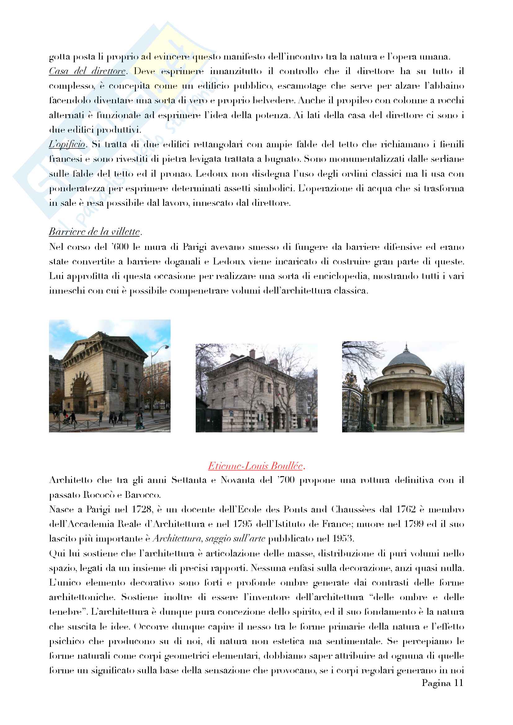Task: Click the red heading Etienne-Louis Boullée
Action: [x=255, y=466]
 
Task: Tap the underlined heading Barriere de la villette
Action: [x=94, y=232]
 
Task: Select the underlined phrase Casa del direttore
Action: [x=87, y=71]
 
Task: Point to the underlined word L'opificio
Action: [x=67, y=145]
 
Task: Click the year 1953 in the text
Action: [x=341, y=539]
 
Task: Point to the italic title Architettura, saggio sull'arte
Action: [x=209, y=539]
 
